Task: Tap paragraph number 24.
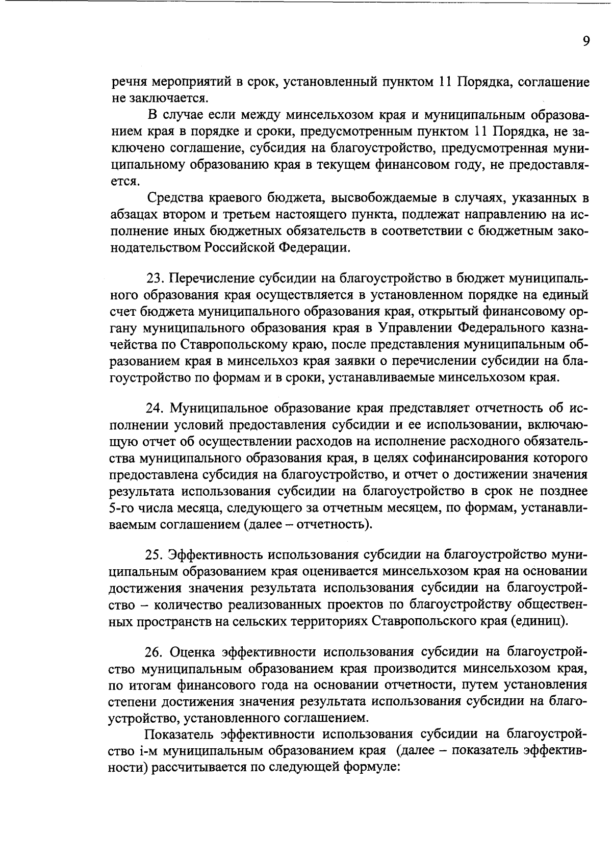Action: (155, 409)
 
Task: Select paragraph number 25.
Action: (155, 554)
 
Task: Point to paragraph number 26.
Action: (155, 652)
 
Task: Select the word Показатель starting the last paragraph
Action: (179, 734)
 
